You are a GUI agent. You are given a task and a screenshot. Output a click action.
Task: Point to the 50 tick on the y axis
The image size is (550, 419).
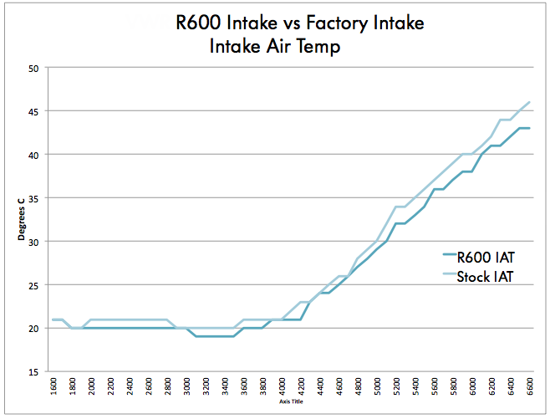[35, 68]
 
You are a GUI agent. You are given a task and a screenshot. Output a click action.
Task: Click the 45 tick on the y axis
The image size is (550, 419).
[35, 111]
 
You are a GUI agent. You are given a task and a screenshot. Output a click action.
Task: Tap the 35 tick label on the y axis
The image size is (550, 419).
[35, 198]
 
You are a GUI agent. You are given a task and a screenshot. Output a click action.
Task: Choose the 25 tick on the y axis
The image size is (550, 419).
[35, 285]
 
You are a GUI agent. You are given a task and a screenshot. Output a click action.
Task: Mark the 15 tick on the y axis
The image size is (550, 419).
[35, 372]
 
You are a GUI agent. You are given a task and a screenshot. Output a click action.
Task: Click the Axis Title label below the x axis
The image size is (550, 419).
[292, 401]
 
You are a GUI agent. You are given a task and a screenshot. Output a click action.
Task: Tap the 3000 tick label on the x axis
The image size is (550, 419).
[188, 390]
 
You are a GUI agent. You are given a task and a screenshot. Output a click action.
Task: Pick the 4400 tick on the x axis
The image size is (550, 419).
[321, 390]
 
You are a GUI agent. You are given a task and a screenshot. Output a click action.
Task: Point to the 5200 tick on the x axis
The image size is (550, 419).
[397, 390]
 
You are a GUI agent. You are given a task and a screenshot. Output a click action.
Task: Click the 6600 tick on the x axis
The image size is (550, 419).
[530, 390]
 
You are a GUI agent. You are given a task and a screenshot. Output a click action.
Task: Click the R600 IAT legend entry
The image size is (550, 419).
[478, 258]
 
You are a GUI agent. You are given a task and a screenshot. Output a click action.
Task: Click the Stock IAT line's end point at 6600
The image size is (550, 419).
[530, 102]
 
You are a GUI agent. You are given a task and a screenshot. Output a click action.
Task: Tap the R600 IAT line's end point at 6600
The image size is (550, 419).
[530, 128]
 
